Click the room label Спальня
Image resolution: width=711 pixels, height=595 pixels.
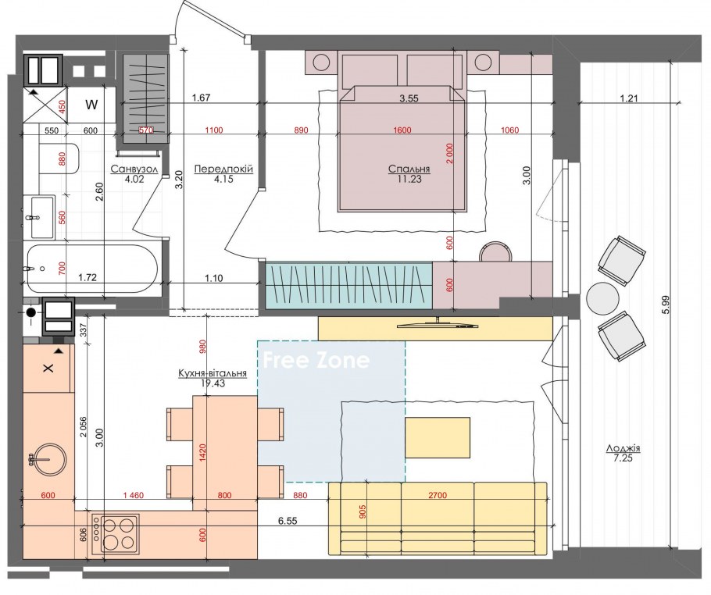(409, 169)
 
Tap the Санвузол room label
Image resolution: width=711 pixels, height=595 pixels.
(134, 169)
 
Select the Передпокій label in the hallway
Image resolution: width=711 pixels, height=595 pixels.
(223, 169)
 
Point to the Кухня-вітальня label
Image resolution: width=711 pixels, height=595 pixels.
(213, 373)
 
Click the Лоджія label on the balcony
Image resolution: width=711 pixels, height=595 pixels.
(623, 449)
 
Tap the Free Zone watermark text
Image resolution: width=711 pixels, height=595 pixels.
(316, 360)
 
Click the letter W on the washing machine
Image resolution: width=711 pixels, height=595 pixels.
(91, 105)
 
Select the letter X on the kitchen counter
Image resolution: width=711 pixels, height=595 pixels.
(48, 368)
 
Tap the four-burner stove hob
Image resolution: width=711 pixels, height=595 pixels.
(115, 534)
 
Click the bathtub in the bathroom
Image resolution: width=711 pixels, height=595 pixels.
(92, 269)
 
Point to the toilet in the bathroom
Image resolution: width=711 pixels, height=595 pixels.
(59, 159)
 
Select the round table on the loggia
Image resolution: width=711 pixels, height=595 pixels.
(602, 298)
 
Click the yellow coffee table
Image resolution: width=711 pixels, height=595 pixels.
(438, 438)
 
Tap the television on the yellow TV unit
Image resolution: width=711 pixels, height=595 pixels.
(438, 325)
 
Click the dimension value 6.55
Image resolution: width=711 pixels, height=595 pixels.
(288, 521)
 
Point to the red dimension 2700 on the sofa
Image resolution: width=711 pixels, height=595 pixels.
(438, 495)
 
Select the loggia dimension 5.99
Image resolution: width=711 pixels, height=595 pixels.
(665, 305)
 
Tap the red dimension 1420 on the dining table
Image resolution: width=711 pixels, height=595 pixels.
(202, 453)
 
